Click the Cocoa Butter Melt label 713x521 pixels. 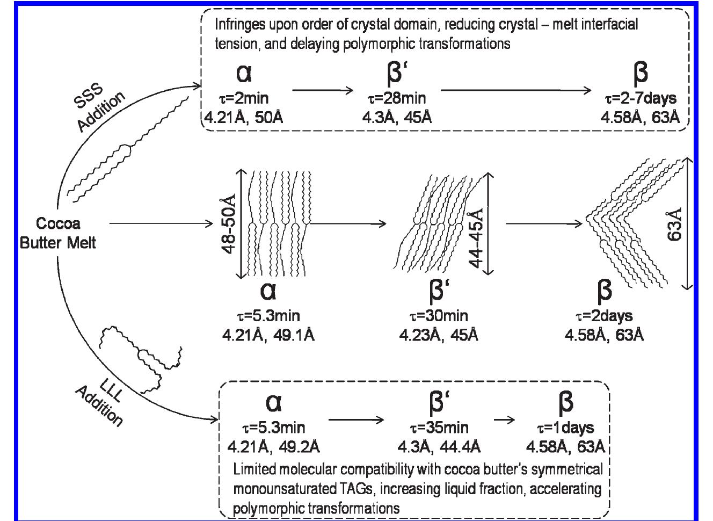tap(57, 233)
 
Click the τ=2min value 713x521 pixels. tap(244, 98)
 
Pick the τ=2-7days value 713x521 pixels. tap(639, 98)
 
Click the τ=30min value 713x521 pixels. tap(439, 316)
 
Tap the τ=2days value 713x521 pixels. tap(604, 316)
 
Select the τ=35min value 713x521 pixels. tap(439, 428)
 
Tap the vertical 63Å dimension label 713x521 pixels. tap(675, 223)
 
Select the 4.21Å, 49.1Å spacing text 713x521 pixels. tap(268, 335)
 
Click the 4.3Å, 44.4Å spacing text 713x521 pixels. tap(439, 446)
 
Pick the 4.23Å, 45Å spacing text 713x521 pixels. tap(439, 335)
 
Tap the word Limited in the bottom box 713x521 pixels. tap(252, 469)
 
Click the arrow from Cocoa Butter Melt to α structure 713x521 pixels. tap(161, 223)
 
